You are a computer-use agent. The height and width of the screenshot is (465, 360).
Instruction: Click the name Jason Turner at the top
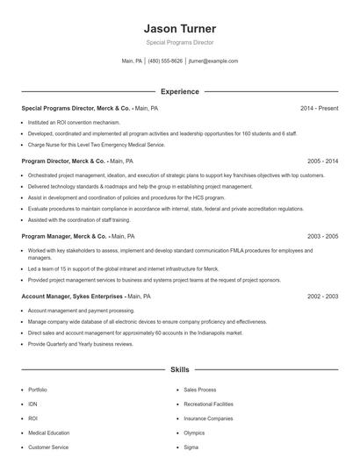click(179, 28)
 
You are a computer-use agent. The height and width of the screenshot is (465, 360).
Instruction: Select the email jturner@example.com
click(213, 61)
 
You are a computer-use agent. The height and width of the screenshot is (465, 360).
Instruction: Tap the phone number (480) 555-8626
click(165, 61)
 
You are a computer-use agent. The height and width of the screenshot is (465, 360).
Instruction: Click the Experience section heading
click(179, 91)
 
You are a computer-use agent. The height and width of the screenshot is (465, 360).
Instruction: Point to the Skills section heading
click(179, 371)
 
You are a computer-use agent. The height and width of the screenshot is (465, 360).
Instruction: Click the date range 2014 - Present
click(319, 108)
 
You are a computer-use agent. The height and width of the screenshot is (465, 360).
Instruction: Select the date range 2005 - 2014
click(322, 161)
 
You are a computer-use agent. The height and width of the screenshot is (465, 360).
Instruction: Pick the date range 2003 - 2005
click(322, 236)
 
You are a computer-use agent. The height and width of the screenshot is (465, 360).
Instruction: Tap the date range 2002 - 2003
click(322, 297)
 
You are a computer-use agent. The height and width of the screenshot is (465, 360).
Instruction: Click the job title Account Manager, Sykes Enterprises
click(72, 297)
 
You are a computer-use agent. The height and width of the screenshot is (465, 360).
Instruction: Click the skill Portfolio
click(38, 390)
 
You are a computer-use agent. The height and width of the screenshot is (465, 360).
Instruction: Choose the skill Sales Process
click(200, 390)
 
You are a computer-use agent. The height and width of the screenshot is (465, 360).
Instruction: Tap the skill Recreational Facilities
click(209, 404)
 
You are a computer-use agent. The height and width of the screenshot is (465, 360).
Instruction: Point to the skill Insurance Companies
click(208, 418)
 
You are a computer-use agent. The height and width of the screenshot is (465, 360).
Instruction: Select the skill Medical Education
click(48, 433)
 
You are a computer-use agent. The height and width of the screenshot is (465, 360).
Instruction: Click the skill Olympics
click(194, 433)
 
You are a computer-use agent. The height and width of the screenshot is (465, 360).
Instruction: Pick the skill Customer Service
click(48, 447)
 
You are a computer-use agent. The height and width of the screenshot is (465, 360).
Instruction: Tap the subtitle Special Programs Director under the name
click(179, 42)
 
